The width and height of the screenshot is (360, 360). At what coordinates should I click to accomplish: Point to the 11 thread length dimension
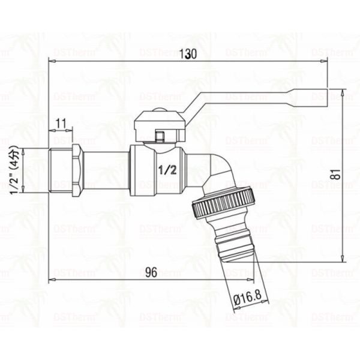60,124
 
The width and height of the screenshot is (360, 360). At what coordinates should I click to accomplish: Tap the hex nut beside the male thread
76,170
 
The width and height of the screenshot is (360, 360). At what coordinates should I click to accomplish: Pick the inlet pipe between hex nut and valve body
106,170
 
